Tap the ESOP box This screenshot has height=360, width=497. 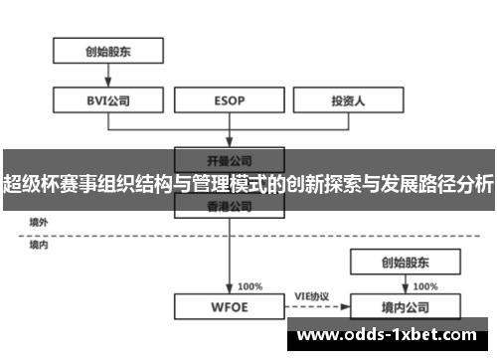230,99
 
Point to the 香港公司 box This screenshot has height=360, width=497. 230,205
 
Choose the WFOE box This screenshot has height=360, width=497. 230,306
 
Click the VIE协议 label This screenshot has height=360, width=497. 314,295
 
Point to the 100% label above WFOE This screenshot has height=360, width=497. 249,285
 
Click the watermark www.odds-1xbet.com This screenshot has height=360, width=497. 389,335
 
